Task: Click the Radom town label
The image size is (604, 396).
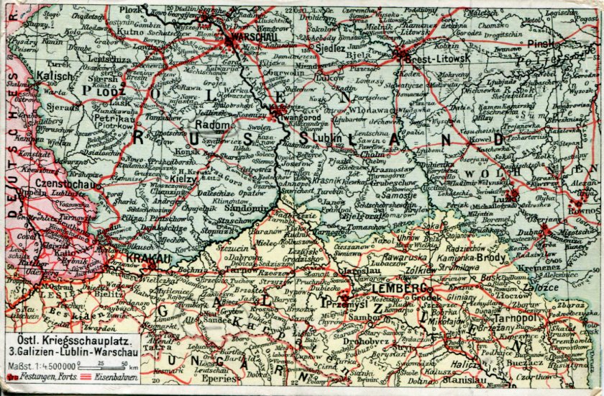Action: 211,125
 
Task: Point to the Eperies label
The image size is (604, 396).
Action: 215,377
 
